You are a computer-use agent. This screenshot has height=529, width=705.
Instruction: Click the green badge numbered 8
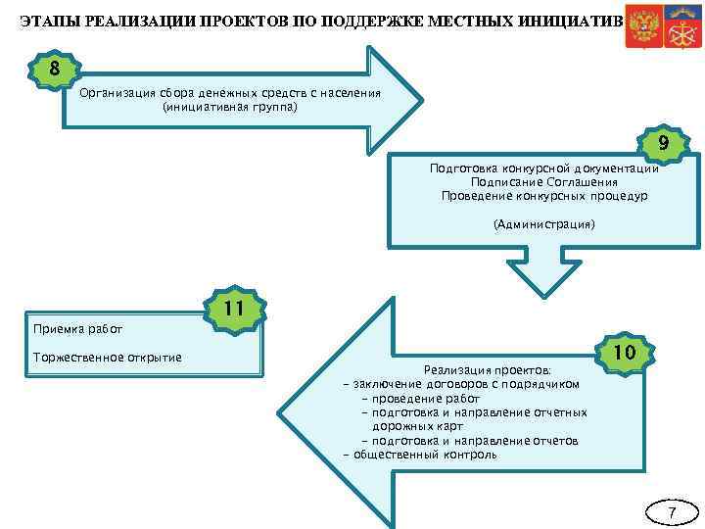(x=54, y=70)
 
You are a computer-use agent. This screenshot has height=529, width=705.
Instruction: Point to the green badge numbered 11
(x=232, y=310)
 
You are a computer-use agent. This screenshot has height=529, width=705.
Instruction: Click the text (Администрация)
(x=544, y=224)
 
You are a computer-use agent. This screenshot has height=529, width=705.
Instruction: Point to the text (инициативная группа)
(x=229, y=107)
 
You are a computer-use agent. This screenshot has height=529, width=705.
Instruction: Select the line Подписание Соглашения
(x=543, y=182)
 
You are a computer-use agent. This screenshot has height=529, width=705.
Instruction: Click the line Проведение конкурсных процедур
(x=543, y=196)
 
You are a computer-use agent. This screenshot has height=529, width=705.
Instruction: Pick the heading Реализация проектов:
(x=486, y=370)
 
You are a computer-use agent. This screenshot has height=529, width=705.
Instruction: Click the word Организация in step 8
(x=117, y=93)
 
